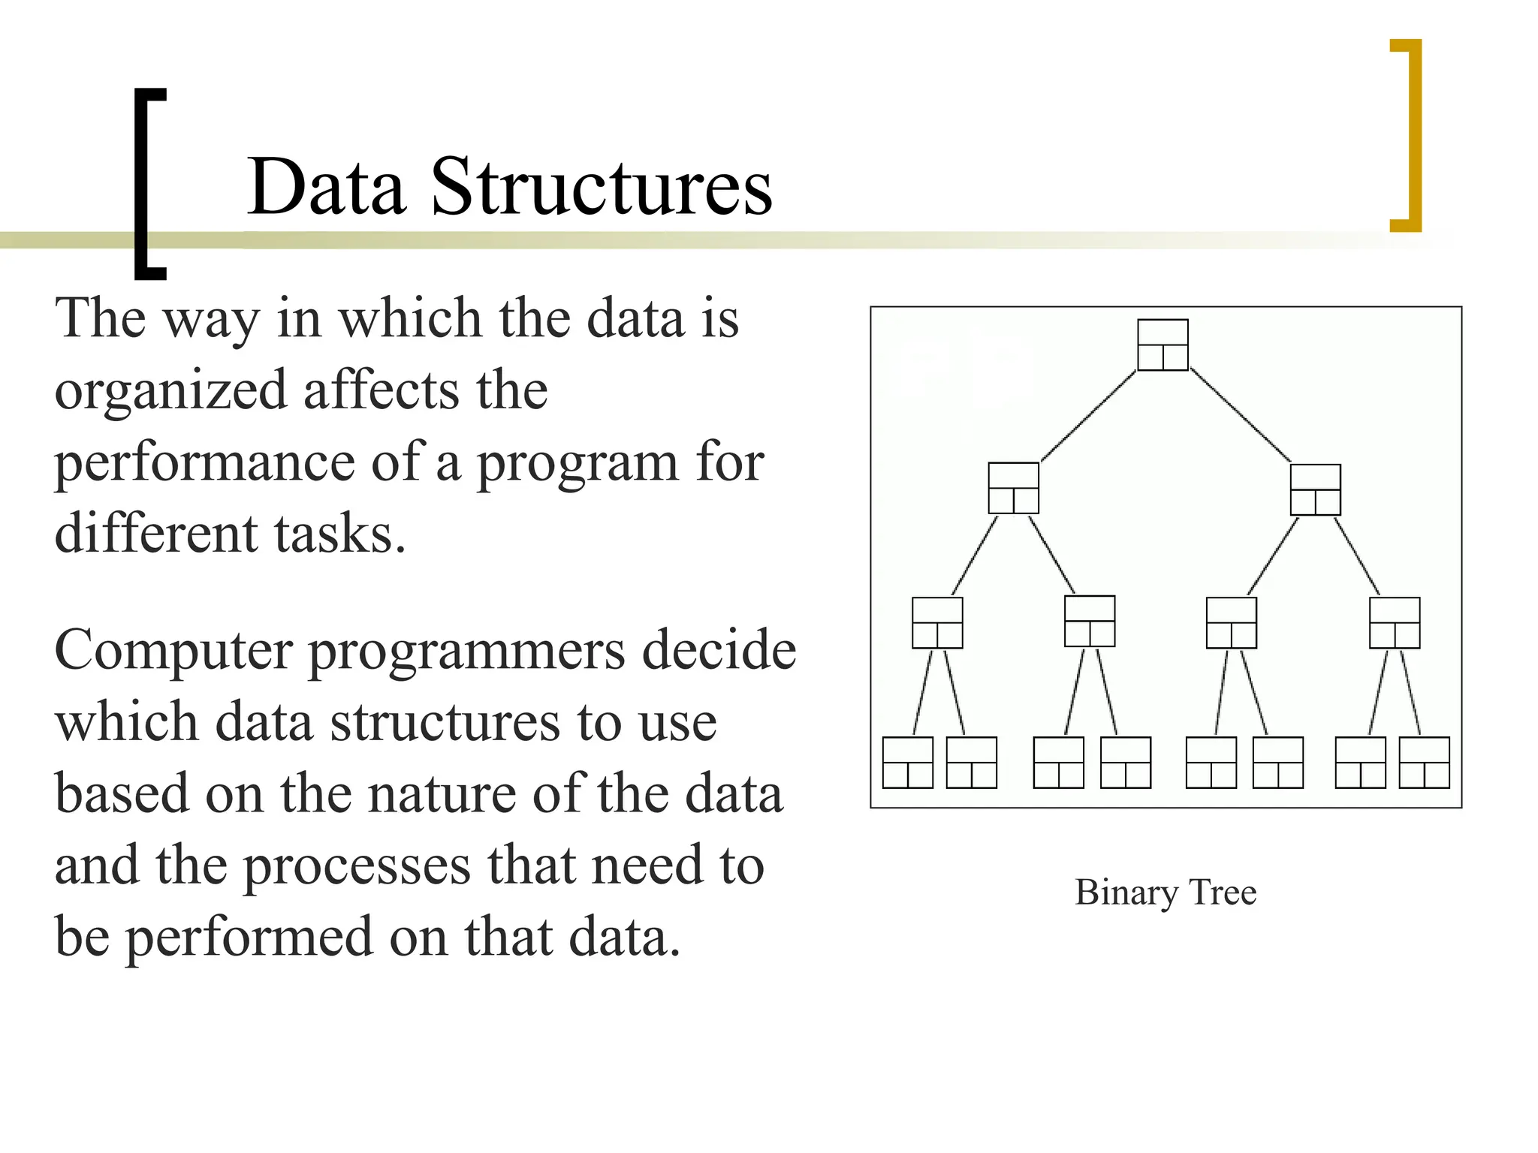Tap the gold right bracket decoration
click(1415, 135)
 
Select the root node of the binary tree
click(1163, 345)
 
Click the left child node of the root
click(1013, 488)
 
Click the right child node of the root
click(1315, 489)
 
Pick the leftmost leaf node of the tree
click(907, 762)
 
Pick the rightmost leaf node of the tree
click(1424, 762)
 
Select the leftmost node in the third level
click(936, 622)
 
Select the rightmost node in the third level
click(1394, 622)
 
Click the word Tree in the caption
click(1223, 892)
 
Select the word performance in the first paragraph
click(204, 463)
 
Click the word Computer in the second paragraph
click(173, 650)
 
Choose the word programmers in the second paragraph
click(466, 650)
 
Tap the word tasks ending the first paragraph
click(333, 534)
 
